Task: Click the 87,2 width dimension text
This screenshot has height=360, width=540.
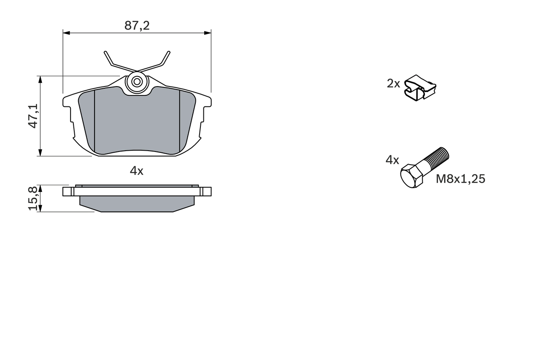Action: tap(137, 26)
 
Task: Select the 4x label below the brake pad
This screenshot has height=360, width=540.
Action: tap(137, 171)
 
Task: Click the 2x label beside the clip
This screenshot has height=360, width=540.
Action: tap(393, 84)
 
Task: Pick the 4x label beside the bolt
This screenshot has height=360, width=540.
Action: tap(392, 160)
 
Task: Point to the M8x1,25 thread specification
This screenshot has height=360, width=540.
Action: tap(460, 179)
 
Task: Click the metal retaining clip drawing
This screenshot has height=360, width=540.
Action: tap(420, 87)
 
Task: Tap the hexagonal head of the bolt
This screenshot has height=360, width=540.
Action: tap(411, 176)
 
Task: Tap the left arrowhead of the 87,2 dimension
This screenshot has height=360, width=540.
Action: tap(66, 32)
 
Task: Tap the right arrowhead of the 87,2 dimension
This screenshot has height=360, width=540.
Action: tap(208, 32)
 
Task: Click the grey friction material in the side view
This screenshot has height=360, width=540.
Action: tap(137, 203)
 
